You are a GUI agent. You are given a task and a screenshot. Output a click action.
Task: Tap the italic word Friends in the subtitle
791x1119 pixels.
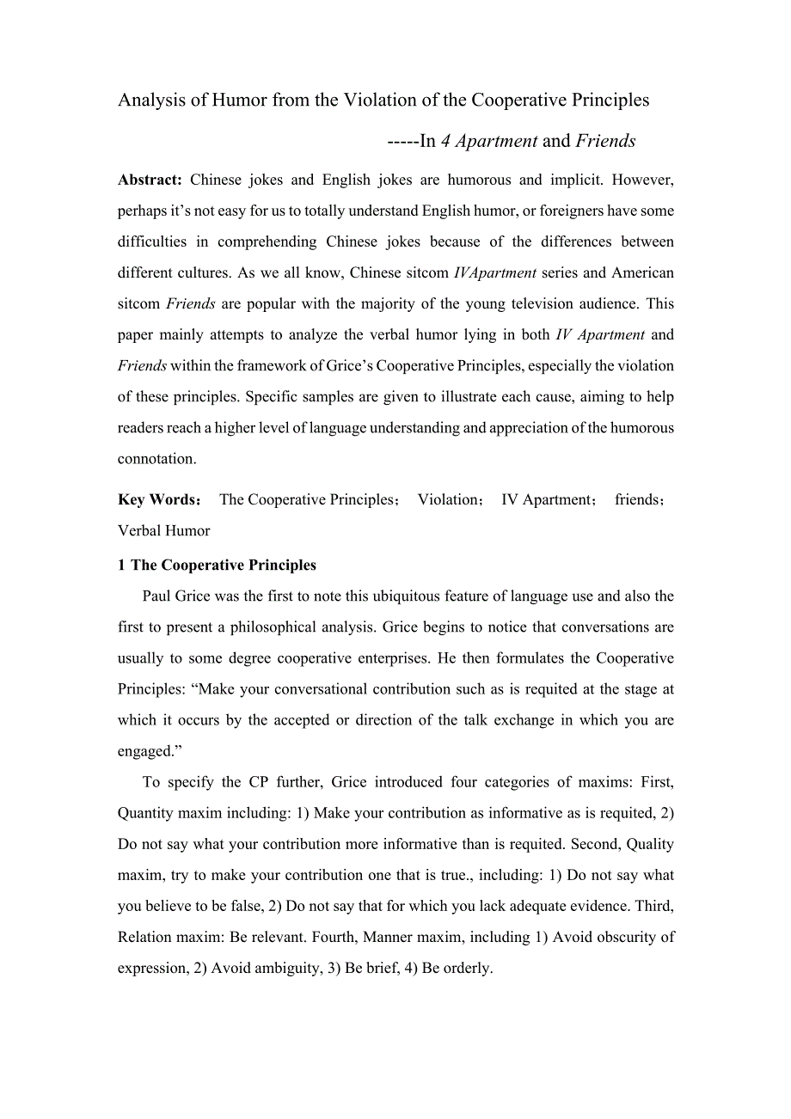(x=605, y=141)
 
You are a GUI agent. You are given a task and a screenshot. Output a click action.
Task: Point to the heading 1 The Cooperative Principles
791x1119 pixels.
(x=217, y=565)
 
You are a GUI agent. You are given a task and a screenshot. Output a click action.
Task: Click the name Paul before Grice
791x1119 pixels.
(x=156, y=596)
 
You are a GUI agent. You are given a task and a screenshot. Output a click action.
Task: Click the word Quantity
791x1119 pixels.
(x=146, y=812)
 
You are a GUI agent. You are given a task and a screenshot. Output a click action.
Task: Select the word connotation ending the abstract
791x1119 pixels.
(x=156, y=458)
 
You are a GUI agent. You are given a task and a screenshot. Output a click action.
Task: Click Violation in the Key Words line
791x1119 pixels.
(x=448, y=499)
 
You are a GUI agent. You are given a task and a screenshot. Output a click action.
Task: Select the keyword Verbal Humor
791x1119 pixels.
(x=164, y=530)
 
